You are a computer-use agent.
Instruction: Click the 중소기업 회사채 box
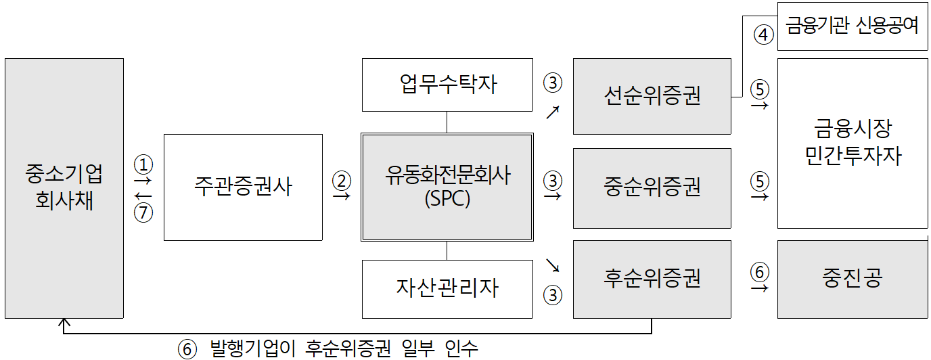[64, 188]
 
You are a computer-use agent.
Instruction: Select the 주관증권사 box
[243, 187]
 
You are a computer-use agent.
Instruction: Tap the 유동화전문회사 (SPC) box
[447, 187]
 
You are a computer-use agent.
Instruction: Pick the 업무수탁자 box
[447, 85]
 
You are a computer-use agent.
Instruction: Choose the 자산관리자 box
[447, 289]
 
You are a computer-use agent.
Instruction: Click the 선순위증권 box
[652, 96]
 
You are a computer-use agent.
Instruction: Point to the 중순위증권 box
[652, 187]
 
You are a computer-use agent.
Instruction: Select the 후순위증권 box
[652, 279]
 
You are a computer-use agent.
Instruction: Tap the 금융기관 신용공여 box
[852, 26]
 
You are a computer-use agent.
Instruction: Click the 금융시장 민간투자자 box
[852, 143]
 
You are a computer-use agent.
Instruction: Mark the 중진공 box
[852, 279]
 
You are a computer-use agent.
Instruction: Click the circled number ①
[143, 164]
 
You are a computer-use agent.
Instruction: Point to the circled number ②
[342, 180]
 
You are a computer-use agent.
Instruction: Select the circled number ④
[763, 35]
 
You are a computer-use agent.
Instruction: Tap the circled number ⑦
[143, 212]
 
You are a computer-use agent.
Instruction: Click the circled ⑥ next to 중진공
[760, 272]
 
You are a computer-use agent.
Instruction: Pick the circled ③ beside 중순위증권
[553, 180]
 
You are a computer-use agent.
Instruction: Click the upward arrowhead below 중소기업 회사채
[64, 323]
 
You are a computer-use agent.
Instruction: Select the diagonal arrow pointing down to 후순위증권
[552, 265]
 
